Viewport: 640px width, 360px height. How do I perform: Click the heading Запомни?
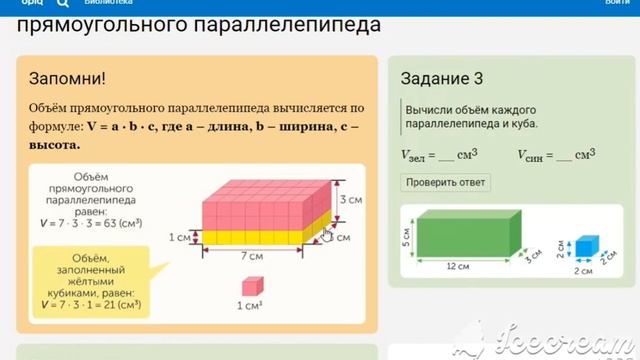[68, 77]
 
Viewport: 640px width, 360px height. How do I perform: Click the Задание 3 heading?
[442, 77]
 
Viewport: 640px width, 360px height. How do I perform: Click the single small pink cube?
[251, 287]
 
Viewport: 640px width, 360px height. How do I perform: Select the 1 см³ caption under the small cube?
[251, 307]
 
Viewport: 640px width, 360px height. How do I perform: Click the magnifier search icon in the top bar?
[63, 3]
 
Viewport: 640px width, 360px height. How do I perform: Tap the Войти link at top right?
[616, 3]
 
